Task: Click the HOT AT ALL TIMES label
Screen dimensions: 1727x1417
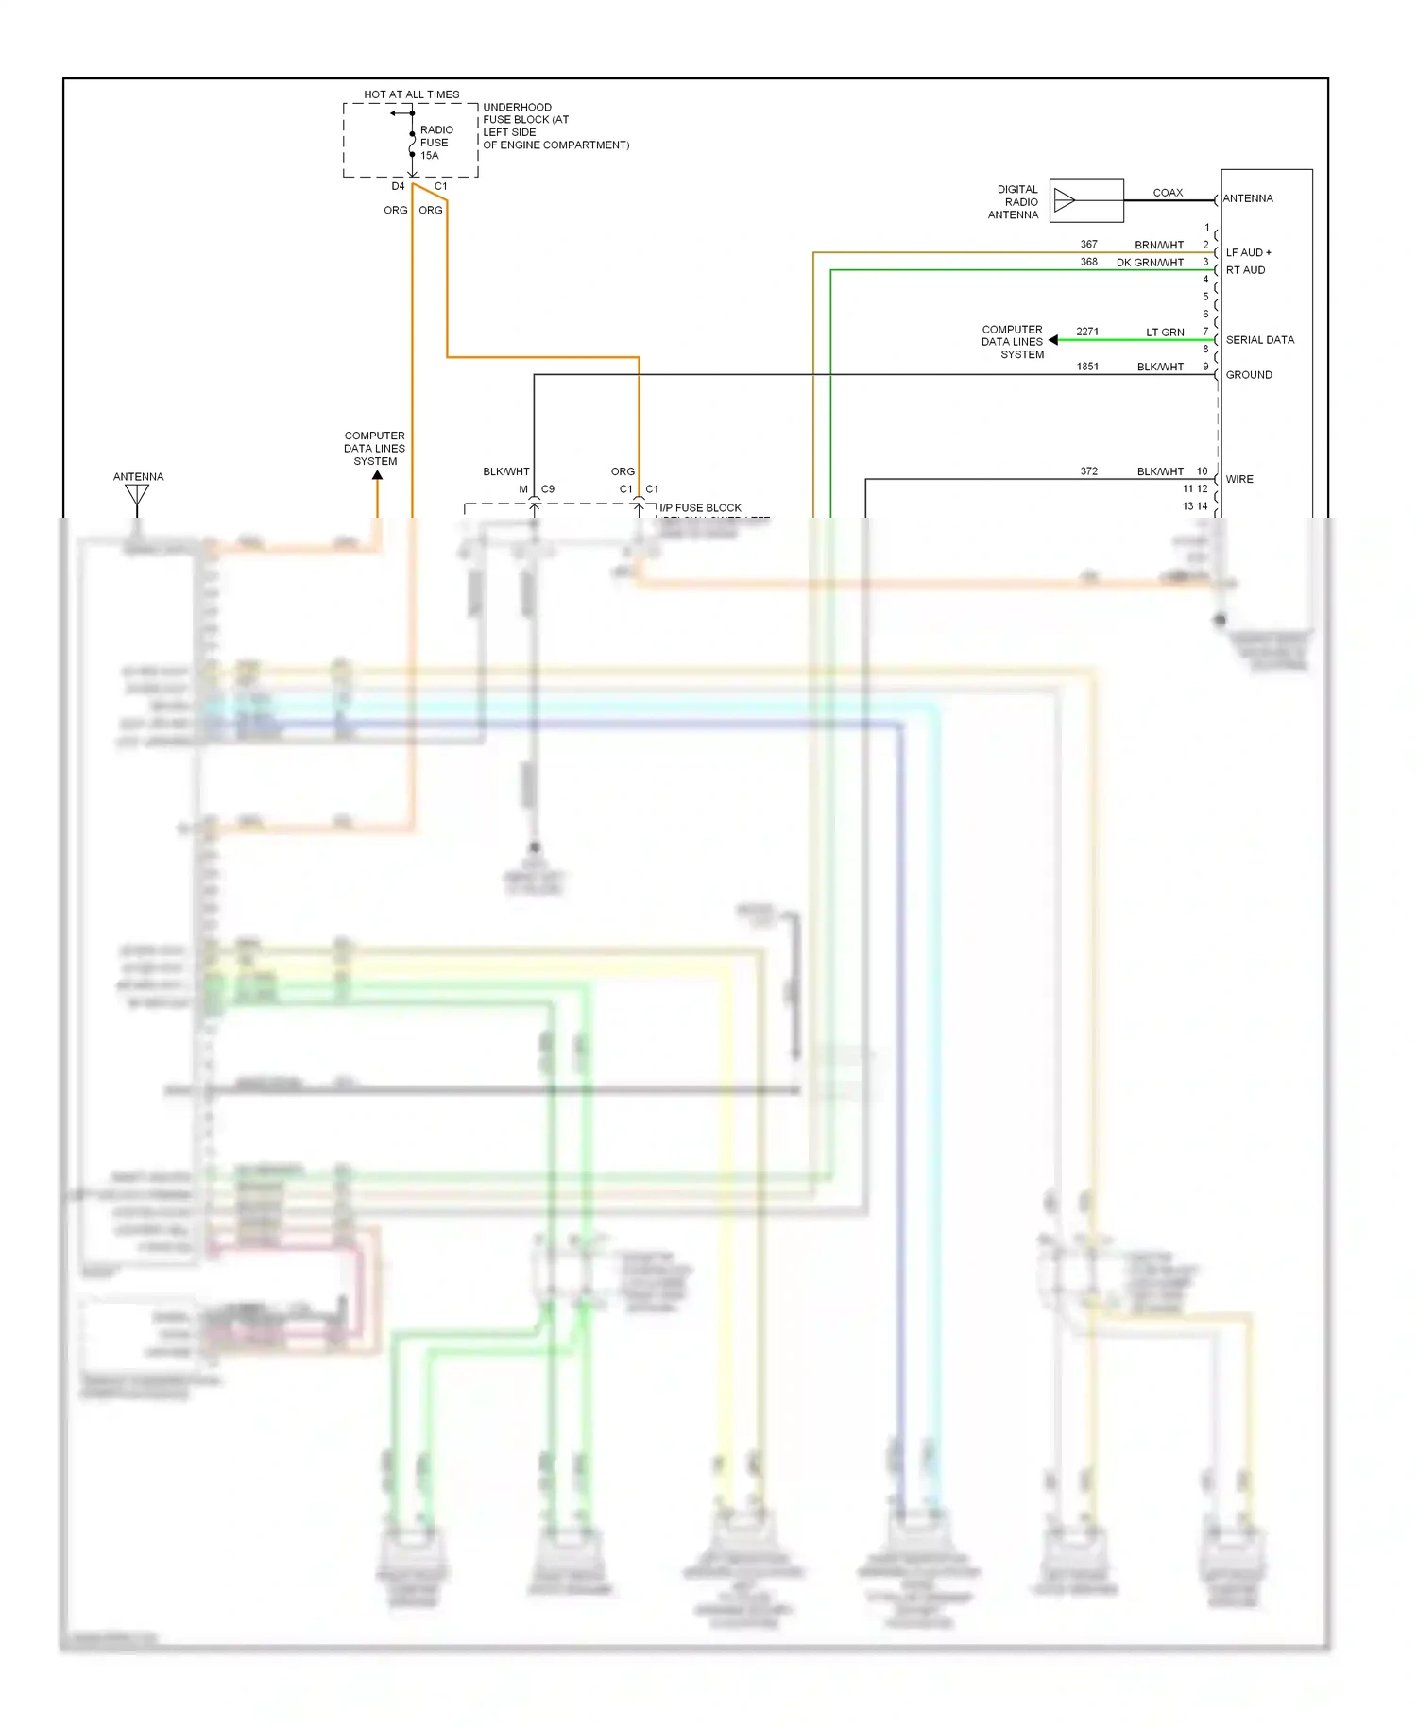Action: pos(411,94)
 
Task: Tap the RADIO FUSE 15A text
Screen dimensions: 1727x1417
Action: pos(435,143)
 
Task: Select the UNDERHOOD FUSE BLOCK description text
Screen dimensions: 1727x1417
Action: pos(555,126)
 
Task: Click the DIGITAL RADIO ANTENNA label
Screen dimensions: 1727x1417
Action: pos(1015,202)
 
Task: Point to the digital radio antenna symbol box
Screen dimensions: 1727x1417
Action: pos(1086,200)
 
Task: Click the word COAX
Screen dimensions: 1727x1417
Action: pos(1168,193)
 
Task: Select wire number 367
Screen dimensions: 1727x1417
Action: pos(1088,244)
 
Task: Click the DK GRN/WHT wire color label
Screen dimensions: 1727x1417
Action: pos(1150,263)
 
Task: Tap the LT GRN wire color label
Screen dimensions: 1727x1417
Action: pos(1165,333)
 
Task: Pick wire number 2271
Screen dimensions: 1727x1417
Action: pos(1087,332)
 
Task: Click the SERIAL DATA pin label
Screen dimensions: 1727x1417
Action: pos(1259,340)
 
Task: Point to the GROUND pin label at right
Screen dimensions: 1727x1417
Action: pos(1248,375)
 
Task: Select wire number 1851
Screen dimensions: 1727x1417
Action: pos(1087,367)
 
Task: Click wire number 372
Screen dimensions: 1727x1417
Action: pos(1088,471)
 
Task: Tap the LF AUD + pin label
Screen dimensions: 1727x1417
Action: pos(1248,252)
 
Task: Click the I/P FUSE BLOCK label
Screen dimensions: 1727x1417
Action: pos(700,508)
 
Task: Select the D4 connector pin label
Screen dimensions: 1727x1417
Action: pos(398,186)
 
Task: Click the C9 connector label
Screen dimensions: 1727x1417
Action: pos(548,489)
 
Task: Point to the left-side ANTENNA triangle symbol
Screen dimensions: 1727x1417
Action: pos(138,494)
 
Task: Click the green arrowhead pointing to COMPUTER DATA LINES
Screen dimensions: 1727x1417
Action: pos(1052,340)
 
